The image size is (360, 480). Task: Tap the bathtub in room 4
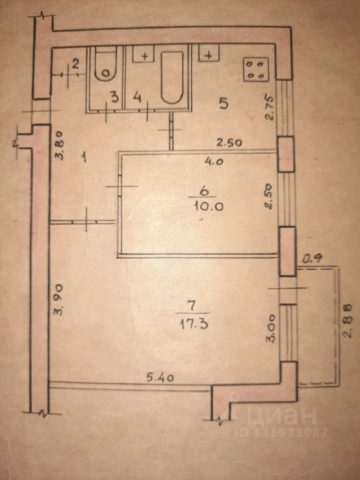tap(172, 77)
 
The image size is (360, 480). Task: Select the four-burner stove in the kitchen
tap(256, 69)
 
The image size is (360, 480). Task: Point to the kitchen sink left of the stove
tap(209, 52)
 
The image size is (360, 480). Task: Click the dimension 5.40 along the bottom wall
tap(160, 377)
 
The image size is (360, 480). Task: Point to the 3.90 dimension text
tap(59, 299)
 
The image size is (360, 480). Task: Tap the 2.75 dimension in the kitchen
tap(270, 109)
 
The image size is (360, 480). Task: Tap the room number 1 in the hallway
tap(85, 158)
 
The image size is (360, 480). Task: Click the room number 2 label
tap(75, 63)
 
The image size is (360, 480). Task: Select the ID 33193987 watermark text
tap(281, 432)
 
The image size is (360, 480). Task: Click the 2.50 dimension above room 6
tap(229, 142)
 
